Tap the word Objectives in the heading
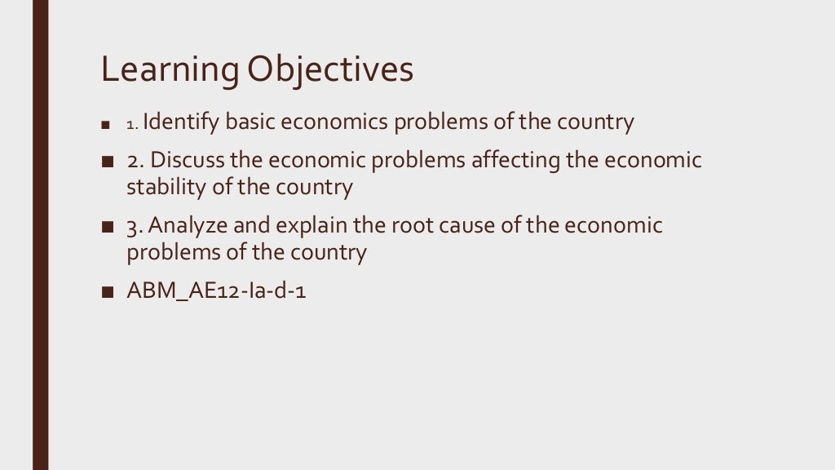coord(330,72)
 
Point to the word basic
coord(250,122)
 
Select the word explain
coord(309,225)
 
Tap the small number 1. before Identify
coord(133,125)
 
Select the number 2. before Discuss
coord(135,161)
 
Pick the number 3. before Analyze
coord(135,226)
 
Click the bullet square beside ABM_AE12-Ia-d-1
coord(107,291)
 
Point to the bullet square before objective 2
coord(107,162)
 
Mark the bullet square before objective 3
coord(107,227)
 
